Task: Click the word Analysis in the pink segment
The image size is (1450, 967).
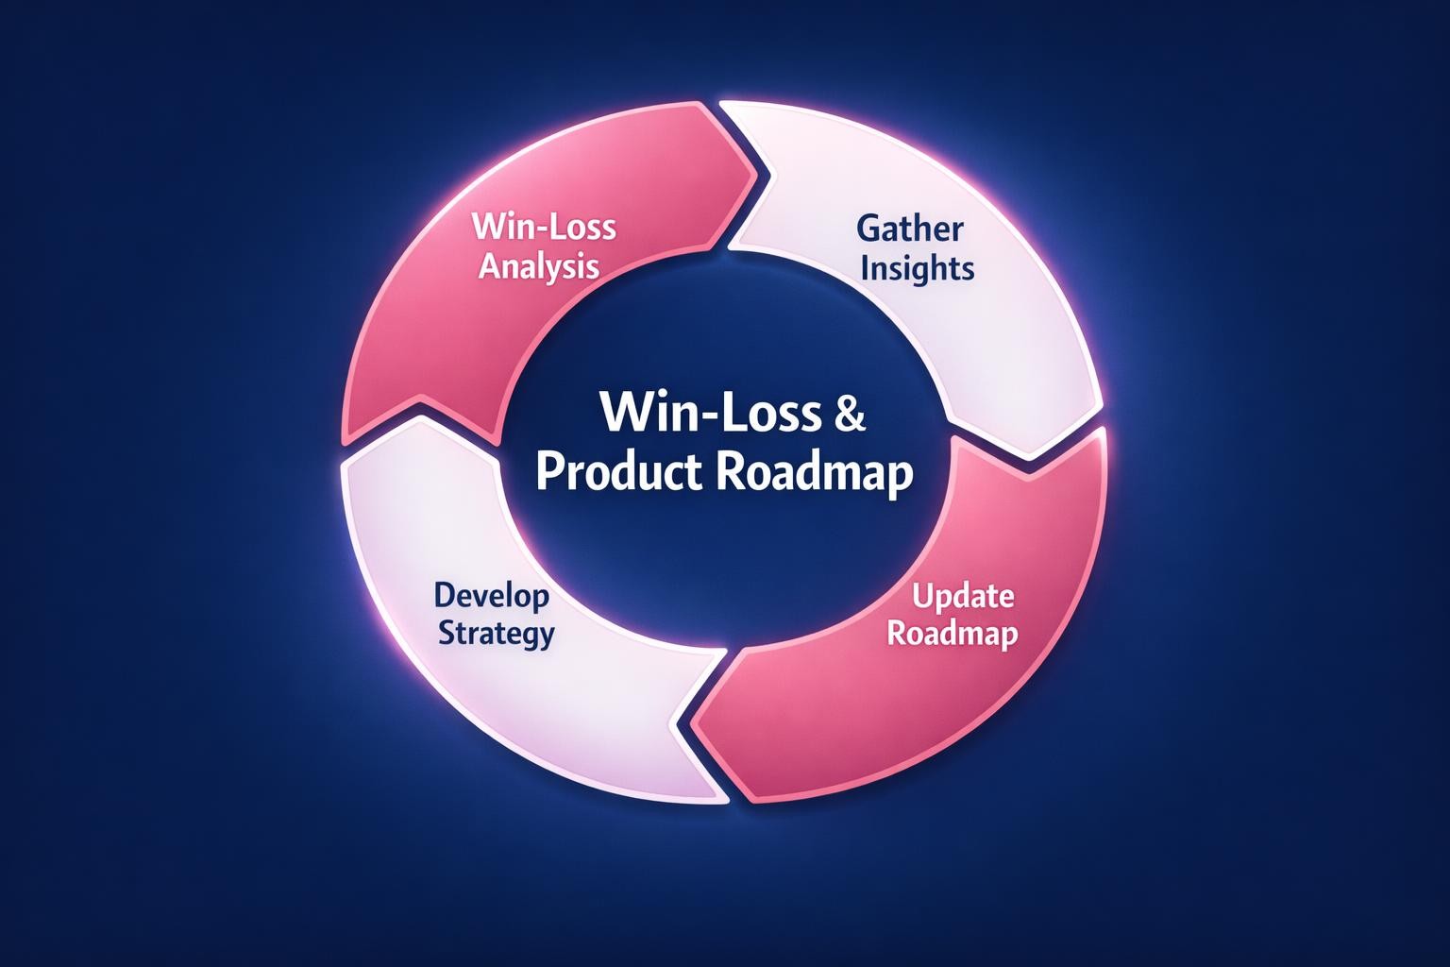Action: coord(538,266)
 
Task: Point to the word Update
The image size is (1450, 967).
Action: coord(963,596)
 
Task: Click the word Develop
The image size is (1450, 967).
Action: coord(491,596)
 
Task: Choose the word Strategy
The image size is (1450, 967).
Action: coord(497,633)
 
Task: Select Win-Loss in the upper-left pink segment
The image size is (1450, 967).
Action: coord(543,228)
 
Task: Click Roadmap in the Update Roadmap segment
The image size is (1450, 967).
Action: coord(953,633)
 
